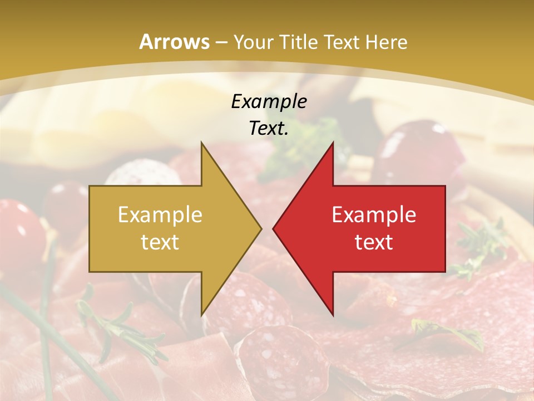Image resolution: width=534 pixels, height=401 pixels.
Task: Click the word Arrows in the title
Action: (174, 42)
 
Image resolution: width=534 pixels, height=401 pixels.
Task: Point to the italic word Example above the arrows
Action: (269, 101)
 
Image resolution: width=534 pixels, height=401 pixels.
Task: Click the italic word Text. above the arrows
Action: (269, 128)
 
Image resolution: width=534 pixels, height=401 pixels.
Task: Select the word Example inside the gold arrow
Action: (160, 214)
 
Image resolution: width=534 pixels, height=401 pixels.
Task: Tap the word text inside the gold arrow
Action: (160, 242)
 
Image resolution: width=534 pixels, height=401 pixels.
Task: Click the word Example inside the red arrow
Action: (374, 214)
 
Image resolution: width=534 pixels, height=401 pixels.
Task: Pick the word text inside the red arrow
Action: (374, 242)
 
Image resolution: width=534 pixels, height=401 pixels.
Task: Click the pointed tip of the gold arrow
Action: (260, 228)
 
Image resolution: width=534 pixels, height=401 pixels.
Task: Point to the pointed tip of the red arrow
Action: (274, 228)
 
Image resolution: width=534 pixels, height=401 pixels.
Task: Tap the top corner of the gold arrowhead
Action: (202, 142)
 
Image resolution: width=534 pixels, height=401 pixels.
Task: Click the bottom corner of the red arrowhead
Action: (333, 315)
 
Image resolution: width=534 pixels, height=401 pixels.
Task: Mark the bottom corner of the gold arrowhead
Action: (202, 315)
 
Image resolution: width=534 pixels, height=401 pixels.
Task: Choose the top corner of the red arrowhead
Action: (333, 142)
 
